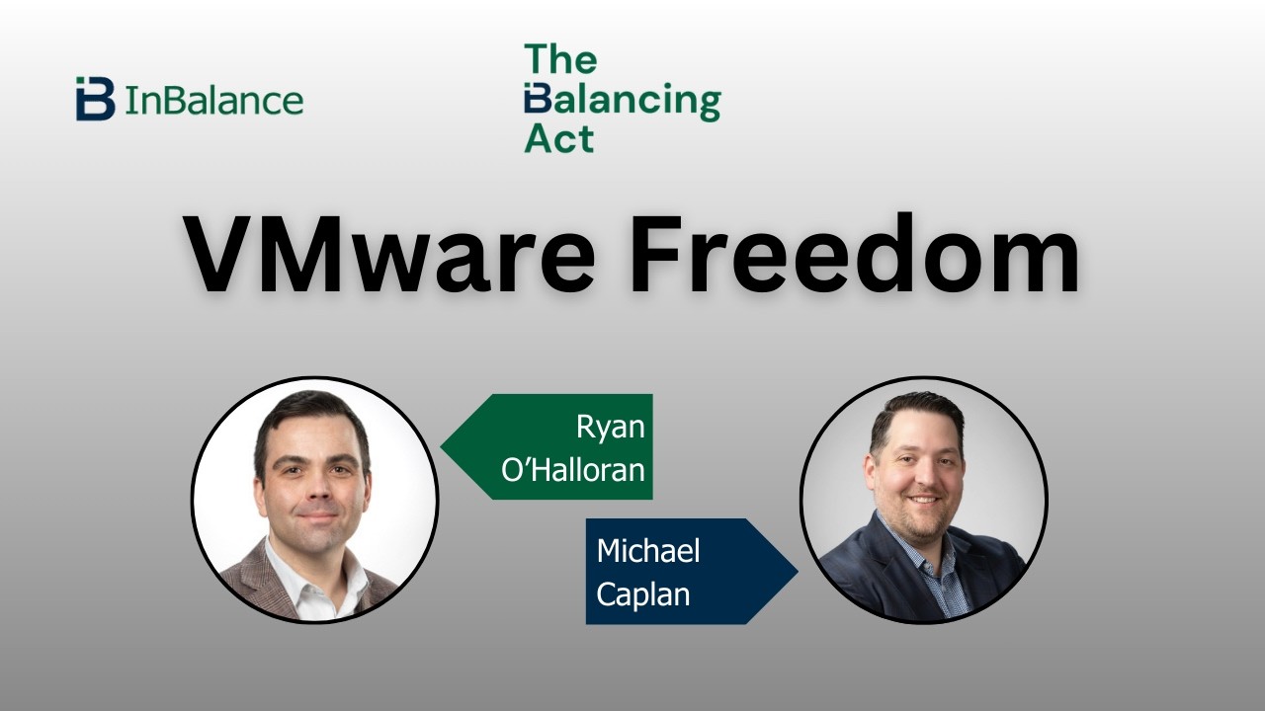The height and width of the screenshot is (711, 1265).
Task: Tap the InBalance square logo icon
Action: (x=95, y=99)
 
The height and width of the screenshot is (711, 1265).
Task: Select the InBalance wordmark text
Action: (x=213, y=101)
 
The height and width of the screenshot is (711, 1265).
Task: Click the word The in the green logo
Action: (x=560, y=59)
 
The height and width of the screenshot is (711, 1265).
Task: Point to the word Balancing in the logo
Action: (x=623, y=101)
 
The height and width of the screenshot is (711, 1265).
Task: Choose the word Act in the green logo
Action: (x=558, y=138)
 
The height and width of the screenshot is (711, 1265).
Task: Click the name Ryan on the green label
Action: (x=610, y=427)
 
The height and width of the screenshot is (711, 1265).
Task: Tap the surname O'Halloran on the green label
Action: (x=573, y=469)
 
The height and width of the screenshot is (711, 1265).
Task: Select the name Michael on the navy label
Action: (x=647, y=550)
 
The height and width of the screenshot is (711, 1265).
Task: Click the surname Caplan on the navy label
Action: (x=642, y=594)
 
